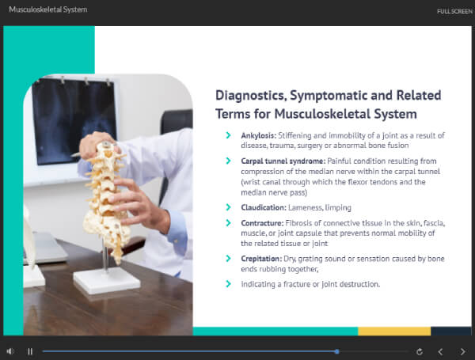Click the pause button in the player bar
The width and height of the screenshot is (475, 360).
30,351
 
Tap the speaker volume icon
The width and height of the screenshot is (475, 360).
10,351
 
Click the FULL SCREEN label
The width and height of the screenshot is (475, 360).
454,12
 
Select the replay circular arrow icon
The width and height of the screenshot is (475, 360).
420,351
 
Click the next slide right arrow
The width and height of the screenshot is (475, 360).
462,351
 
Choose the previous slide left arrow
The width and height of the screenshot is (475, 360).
440,351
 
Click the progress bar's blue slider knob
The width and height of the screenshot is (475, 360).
337,351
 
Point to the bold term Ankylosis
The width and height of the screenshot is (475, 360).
258,135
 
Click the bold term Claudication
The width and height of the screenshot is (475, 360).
264,207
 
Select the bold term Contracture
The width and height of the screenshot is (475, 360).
262,223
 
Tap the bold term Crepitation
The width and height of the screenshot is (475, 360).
261,259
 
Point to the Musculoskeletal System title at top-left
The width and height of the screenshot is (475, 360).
47,9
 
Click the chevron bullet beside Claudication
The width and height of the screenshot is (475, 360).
229,207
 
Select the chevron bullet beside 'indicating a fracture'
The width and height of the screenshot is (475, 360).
229,284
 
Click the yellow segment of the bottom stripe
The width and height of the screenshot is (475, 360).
394,331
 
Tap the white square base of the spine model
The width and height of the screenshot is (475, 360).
107,280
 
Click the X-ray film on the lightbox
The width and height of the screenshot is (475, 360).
74,121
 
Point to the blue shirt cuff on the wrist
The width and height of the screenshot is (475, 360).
177,232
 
